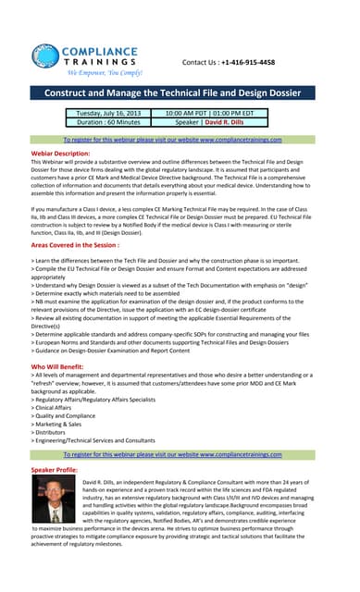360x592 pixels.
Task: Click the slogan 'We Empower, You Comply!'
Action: click(104, 71)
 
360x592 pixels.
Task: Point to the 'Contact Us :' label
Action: click(202, 62)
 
